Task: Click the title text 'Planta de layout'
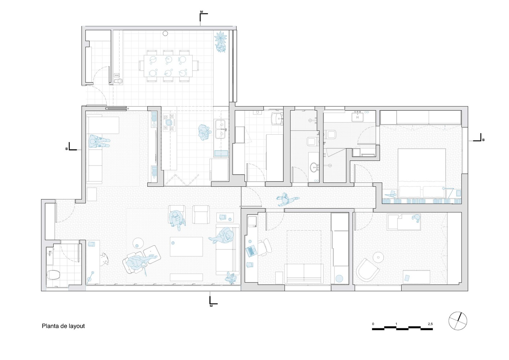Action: tap(63, 326)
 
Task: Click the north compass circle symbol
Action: tap(458, 321)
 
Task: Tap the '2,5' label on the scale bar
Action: tap(430, 324)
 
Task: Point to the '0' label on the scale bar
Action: tap(373, 324)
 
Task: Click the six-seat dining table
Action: tap(168, 66)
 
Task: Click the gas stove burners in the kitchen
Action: tap(169, 123)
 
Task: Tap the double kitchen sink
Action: tap(220, 129)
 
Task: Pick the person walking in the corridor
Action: tap(286, 199)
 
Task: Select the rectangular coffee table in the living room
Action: tap(186, 247)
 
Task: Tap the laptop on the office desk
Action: tap(251, 251)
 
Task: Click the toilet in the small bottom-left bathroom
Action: tap(53, 275)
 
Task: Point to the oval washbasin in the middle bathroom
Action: tap(314, 168)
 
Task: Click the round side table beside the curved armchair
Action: tap(378, 257)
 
